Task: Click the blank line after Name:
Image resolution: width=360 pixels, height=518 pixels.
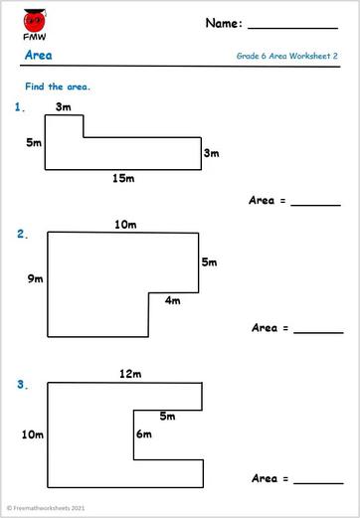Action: pyautogui.click(x=293, y=27)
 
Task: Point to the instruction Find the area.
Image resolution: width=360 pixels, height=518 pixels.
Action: pyautogui.click(x=58, y=86)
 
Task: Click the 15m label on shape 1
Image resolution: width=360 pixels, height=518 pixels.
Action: pyautogui.click(x=123, y=179)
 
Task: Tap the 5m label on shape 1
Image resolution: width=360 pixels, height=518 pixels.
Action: pyautogui.click(x=34, y=143)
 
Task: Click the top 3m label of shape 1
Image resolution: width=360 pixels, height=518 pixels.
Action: pyautogui.click(x=64, y=106)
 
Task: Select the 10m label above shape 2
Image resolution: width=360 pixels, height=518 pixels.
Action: pyautogui.click(x=125, y=225)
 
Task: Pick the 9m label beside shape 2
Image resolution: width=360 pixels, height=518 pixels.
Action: pyautogui.click(x=36, y=279)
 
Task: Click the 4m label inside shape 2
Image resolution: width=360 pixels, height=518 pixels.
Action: pyautogui.click(x=173, y=300)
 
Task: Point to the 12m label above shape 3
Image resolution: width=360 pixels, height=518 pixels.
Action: pyautogui.click(x=130, y=374)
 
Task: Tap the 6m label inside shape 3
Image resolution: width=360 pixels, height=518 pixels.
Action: pyautogui.click(x=144, y=433)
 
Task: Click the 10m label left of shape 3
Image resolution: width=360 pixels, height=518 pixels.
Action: pyautogui.click(x=33, y=434)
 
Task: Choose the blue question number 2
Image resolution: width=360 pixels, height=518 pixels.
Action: pyautogui.click(x=22, y=235)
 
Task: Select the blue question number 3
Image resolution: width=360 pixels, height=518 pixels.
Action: pyautogui.click(x=22, y=383)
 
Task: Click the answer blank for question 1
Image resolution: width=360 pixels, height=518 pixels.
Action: pyautogui.click(x=315, y=203)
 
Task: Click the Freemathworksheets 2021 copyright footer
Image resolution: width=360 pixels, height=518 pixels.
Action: pyautogui.click(x=47, y=508)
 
